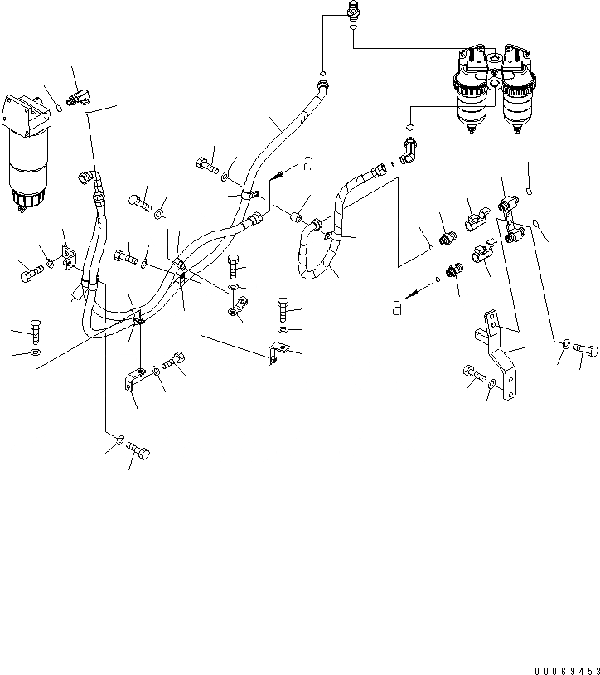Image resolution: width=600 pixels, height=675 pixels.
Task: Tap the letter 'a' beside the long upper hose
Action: tap(307, 164)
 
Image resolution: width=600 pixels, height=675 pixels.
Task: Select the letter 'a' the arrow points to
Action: tap(398, 308)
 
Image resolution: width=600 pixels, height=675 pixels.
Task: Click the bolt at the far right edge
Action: tap(586, 350)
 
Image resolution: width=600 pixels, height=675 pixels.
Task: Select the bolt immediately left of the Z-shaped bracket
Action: tap(473, 376)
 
